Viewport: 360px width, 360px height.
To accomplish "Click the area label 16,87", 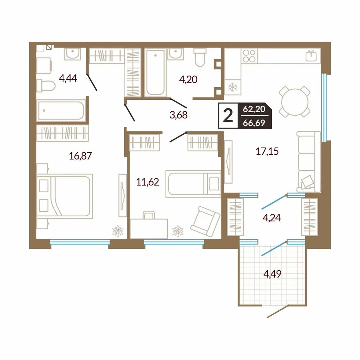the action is (80, 156).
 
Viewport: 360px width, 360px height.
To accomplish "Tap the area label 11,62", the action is (147, 182).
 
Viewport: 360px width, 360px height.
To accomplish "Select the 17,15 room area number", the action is (267, 152).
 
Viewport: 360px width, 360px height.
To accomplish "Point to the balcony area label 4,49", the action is (272, 274).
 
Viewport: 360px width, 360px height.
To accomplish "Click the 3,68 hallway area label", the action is (179, 115).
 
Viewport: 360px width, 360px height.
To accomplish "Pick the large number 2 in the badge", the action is (228, 116).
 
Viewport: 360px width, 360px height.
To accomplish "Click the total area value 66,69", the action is (254, 123).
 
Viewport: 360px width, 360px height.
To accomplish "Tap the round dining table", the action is (295, 101).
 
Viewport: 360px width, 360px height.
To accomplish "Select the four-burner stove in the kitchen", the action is (249, 56).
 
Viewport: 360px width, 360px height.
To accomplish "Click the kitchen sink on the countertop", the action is (311, 55).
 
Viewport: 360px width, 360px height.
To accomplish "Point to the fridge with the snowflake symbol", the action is (233, 87).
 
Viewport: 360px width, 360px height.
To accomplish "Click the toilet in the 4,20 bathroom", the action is (200, 57).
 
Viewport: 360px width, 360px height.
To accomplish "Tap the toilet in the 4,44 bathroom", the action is (46, 86).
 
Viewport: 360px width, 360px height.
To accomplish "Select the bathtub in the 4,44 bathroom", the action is (61, 111).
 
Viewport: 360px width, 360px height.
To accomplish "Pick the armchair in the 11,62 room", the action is (205, 221).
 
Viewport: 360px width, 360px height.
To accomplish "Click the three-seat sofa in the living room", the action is (309, 162).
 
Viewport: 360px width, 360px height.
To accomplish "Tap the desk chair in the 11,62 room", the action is (149, 215).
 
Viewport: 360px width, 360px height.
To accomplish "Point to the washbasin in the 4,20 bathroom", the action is (175, 54).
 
